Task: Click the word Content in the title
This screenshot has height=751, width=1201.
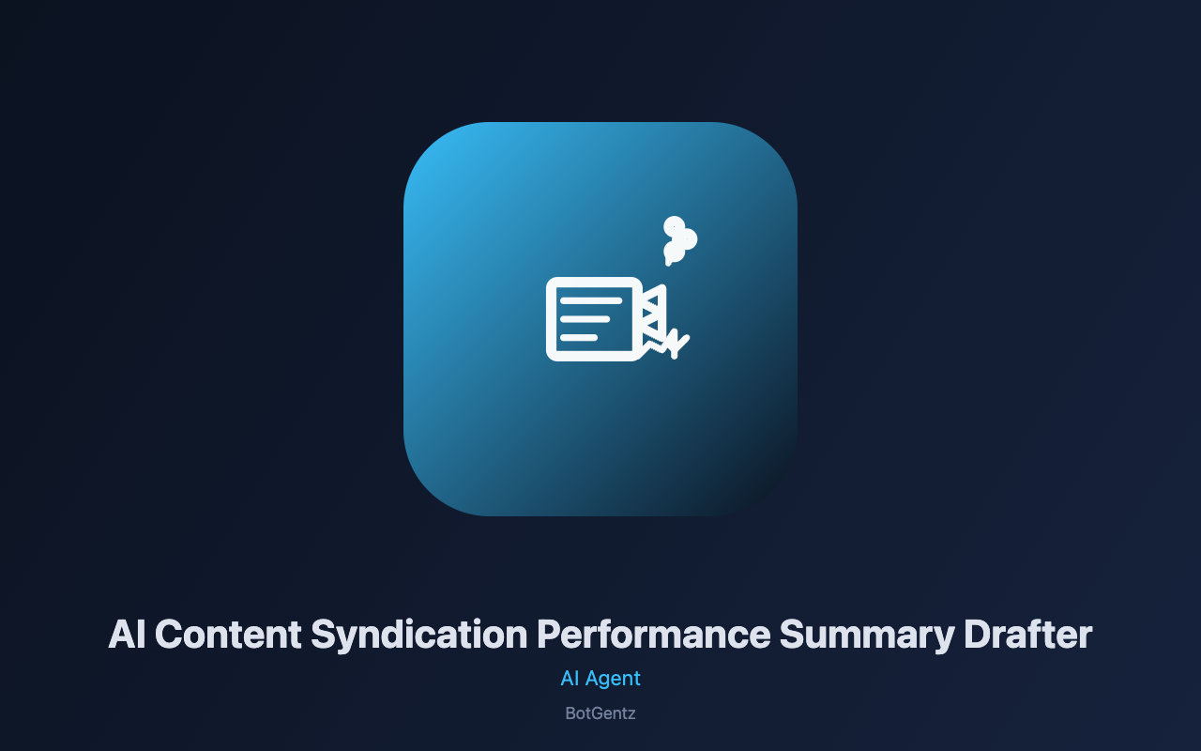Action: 228,635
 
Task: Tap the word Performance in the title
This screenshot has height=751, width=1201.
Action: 654,635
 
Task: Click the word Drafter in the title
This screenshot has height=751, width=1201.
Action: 1027,635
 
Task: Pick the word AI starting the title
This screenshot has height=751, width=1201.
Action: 127,635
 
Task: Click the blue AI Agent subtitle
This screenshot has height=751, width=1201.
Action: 600,679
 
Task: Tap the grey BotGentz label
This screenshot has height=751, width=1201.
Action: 600,713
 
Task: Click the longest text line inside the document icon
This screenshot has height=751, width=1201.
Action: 591,301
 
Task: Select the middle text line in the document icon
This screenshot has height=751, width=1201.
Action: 585,319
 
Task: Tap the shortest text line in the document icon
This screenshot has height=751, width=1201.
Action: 579,337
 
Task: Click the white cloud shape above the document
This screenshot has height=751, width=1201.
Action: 679,240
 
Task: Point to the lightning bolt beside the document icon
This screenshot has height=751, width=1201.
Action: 677,344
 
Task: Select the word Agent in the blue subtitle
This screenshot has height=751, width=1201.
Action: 613,680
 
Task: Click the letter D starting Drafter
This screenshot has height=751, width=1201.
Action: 977,635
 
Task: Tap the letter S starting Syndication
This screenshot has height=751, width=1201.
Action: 325,635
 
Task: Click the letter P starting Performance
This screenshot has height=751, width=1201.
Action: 550,635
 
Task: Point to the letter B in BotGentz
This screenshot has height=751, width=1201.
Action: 570,713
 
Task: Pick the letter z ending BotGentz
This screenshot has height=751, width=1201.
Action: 631,715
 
